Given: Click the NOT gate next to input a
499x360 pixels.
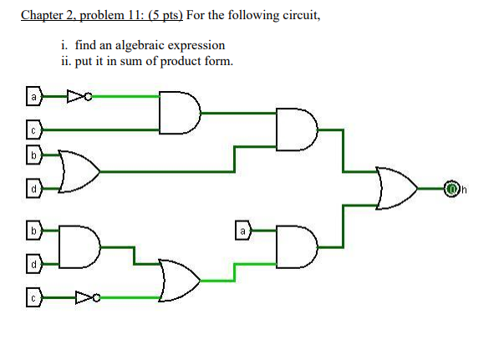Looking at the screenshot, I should coord(77,96).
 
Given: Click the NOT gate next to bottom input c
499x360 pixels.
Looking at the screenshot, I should coord(85,297).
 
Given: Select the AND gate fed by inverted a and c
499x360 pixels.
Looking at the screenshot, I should coord(181,113).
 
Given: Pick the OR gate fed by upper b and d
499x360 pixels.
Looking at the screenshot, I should coord(79,170).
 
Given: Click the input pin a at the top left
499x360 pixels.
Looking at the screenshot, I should coord(33,96).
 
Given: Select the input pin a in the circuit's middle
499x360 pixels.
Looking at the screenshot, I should coord(242,229).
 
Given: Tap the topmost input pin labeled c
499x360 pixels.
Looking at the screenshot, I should coord(33,129).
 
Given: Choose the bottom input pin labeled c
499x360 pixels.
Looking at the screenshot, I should coord(33,297).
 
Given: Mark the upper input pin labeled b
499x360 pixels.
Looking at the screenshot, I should coord(33,155).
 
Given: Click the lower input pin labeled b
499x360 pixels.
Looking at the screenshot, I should coord(33,230).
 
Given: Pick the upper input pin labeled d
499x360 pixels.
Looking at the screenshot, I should coord(33,188).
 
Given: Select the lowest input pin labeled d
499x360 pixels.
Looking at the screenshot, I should coord(33,263).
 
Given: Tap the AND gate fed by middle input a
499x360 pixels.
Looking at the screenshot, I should coord(298,246).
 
